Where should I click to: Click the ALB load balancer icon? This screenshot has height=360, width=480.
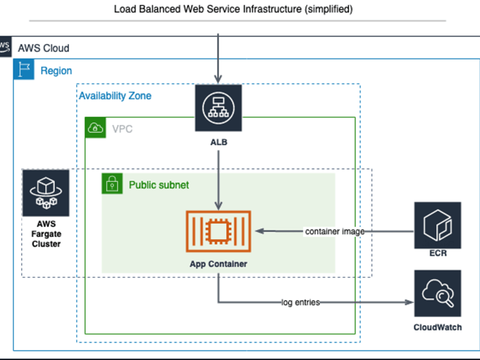pos(218,108)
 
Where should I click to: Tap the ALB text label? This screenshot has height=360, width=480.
pos(218,143)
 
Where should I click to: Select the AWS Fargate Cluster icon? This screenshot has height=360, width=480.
pos(46,192)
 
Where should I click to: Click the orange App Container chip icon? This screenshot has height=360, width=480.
pos(218,231)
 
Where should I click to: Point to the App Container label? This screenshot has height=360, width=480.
pos(218,264)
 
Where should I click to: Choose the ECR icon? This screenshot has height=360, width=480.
pos(437,225)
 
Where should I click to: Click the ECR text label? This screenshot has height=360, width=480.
pos(438,253)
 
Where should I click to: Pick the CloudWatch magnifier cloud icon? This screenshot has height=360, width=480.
pos(437,293)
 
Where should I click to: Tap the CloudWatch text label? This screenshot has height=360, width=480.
pos(437,327)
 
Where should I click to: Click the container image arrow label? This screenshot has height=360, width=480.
pos(335,231)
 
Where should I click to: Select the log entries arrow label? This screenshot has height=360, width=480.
pos(300,302)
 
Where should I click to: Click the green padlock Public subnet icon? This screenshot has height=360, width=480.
pos(112,184)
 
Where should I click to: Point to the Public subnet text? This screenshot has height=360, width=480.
pos(159,185)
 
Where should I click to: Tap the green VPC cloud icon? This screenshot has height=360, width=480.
pos(95,128)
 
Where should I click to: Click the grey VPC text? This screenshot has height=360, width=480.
pos(122,129)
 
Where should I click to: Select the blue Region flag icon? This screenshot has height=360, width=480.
pos(24,70)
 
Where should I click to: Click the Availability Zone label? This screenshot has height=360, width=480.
pos(115,96)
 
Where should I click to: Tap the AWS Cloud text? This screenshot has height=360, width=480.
pos(43,48)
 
